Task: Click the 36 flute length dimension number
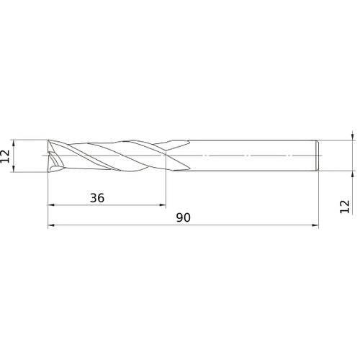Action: pyautogui.click(x=98, y=197)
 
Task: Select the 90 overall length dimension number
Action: pyautogui.click(x=184, y=217)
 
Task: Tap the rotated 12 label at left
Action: pyautogui.click(x=6, y=156)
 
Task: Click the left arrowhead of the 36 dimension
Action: pyautogui.click(x=52, y=206)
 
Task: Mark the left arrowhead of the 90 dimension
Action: pyautogui.click(x=52, y=227)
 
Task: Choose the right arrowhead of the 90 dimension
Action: pyautogui.click(x=314, y=227)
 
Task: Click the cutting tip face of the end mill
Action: pyautogui.click(x=52, y=156)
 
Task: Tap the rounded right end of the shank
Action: pyautogui.click(x=318, y=156)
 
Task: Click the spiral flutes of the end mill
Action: pyautogui.click(x=108, y=156)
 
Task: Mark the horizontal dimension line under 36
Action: pyautogui.click(x=108, y=206)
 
